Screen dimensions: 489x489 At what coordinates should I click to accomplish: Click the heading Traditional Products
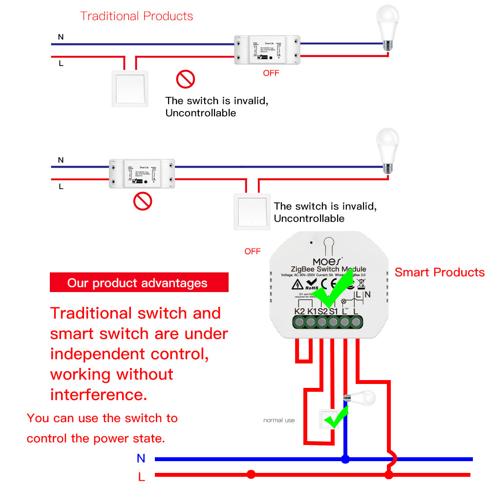click(136, 16)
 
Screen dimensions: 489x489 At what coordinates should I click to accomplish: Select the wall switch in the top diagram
click(130, 88)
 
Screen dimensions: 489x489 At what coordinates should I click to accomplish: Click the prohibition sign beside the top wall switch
click(186, 79)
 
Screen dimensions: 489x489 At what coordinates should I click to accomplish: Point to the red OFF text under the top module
click(271, 73)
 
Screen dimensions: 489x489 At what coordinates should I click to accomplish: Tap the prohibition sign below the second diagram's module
click(143, 201)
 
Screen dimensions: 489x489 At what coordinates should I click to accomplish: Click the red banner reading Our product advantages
click(139, 283)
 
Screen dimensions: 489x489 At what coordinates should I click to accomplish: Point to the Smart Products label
click(439, 273)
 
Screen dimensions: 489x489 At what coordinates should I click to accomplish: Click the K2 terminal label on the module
click(299, 311)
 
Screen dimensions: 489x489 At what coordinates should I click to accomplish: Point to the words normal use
click(279, 420)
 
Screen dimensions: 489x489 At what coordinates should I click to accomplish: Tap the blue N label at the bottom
click(141, 458)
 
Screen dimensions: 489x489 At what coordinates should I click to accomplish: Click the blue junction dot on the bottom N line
click(345, 459)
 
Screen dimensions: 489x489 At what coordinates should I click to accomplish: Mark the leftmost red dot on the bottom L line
click(251, 474)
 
